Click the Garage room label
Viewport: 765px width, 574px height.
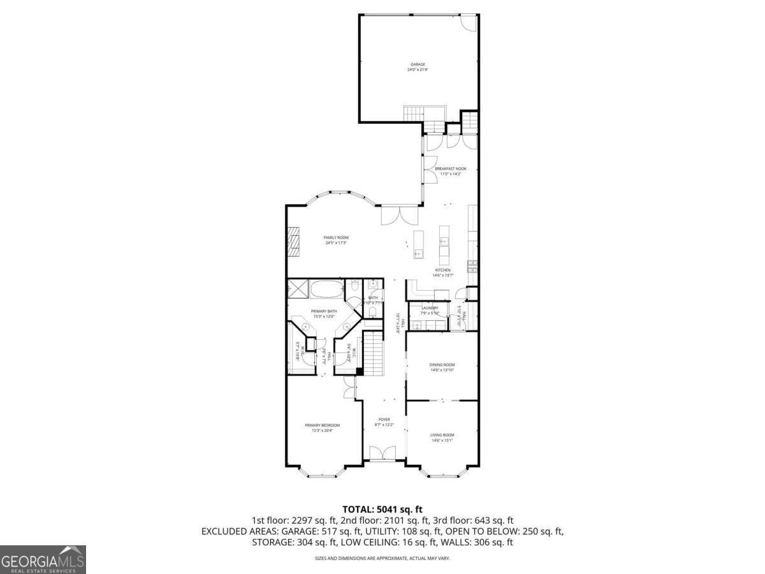[x=418, y=64]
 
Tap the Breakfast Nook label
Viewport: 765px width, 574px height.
[x=451, y=168]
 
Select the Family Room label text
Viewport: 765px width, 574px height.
[x=336, y=237]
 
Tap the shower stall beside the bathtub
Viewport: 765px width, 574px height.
[x=298, y=288]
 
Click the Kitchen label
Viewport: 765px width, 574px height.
[x=442, y=270]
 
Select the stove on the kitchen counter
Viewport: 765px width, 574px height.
[x=472, y=267]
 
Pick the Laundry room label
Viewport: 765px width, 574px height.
[x=430, y=308]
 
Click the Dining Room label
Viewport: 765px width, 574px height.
[x=442, y=365]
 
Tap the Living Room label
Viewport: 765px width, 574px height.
[x=442, y=435]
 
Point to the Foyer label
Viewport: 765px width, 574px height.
[x=384, y=420]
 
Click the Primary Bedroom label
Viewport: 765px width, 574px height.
[x=322, y=425]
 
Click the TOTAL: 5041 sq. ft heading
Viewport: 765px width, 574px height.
[x=382, y=509]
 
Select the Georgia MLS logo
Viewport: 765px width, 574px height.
[x=43, y=560]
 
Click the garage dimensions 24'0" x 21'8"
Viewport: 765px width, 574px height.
[x=418, y=70]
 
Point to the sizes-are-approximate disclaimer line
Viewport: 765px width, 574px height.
[x=382, y=559]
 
